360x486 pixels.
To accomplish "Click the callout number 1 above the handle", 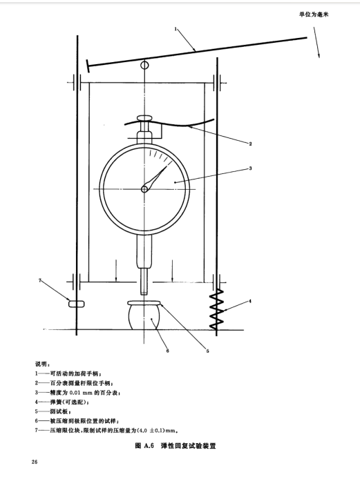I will pos(177,29).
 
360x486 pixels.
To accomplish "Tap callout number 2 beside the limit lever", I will pos(249,144).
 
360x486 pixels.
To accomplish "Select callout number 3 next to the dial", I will pos(250,168).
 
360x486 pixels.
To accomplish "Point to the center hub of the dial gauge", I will pos(145,188).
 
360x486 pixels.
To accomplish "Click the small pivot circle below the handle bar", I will pos(145,66).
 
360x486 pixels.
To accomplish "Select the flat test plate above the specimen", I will pos(145,302).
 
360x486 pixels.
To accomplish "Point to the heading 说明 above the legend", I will pos(43,363).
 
